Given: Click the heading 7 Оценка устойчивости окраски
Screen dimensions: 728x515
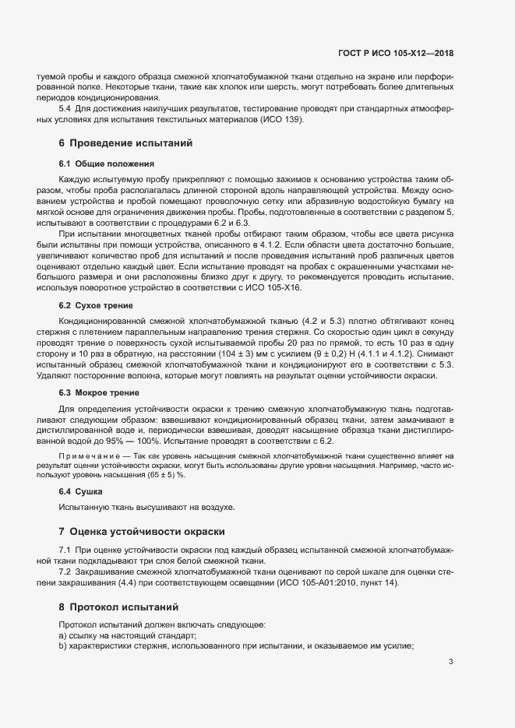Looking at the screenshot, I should tap(142, 532).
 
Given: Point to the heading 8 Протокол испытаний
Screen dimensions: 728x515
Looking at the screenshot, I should tap(118, 606).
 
